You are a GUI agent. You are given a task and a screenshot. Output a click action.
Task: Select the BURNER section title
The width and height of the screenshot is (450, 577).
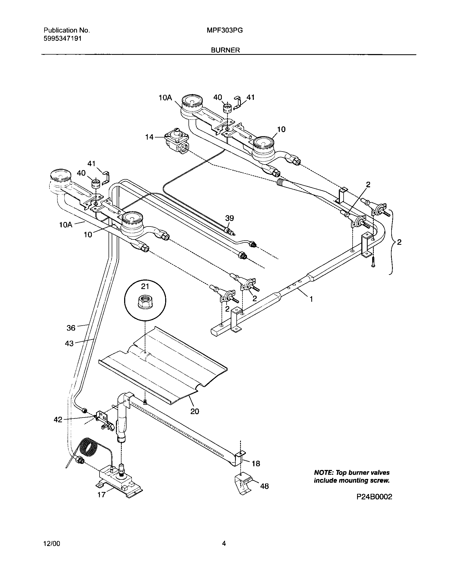(x=225, y=50)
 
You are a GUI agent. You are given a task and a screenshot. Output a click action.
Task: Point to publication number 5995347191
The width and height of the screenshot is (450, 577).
(x=62, y=38)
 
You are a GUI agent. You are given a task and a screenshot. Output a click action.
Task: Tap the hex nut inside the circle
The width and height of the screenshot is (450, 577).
(x=145, y=301)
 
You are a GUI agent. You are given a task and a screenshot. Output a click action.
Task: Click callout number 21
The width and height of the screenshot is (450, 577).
(x=145, y=286)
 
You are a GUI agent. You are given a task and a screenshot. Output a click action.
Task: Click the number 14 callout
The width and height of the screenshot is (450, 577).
(x=149, y=137)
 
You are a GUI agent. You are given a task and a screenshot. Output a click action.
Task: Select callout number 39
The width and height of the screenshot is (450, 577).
(x=229, y=218)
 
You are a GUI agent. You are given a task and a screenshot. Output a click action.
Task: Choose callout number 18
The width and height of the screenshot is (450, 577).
(x=256, y=463)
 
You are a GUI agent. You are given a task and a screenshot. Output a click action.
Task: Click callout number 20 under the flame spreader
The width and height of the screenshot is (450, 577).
(x=195, y=411)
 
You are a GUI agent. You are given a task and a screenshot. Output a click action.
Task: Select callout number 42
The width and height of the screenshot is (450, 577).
(x=58, y=420)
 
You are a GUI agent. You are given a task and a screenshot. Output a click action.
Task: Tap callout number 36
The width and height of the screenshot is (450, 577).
(x=71, y=328)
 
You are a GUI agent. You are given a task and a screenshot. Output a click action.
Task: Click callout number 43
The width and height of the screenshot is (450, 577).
(x=69, y=344)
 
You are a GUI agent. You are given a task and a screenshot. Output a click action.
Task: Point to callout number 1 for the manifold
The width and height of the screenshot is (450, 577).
(x=311, y=299)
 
